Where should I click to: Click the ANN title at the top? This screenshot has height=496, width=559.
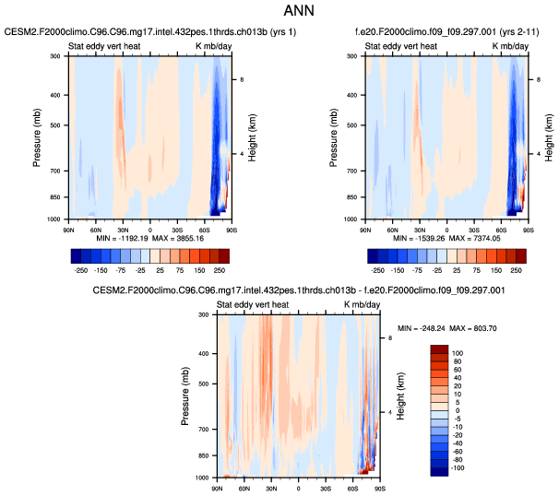[279, 13]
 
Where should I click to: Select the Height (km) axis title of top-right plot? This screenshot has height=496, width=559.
[549, 137]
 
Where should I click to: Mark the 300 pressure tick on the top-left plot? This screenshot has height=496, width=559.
[58, 56]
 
